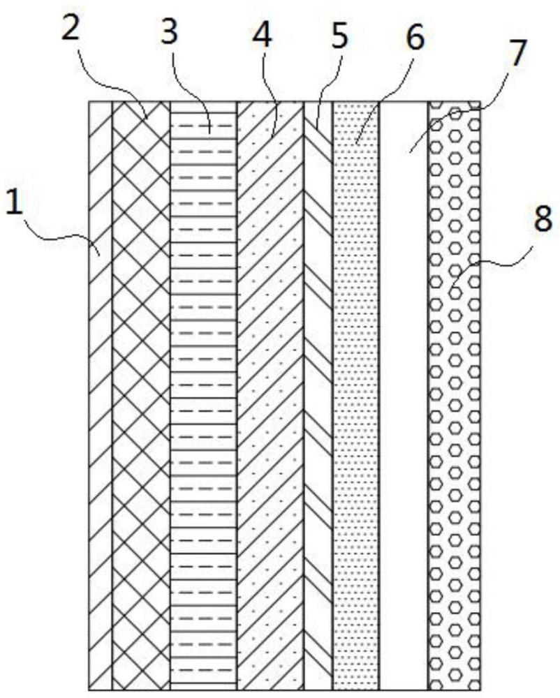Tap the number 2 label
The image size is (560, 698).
pyautogui.click(x=71, y=28)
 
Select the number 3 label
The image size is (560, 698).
pyautogui.click(x=170, y=31)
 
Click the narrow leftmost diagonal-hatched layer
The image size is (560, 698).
pyautogui.click(x=101, y=396)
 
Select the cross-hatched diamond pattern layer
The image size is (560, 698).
pyautogui.click(x=141, y=396)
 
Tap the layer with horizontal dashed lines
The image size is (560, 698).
pyautogui.click(x=204, y=396)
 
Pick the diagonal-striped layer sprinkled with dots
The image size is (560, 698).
pyautogui.click(x=271, y=396)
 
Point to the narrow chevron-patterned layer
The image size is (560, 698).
pyautogui.click(x=318, y=396)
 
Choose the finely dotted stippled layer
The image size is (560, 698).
pyautogui.click(x=356, y=396)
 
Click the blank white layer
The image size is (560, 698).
pyautogui.click(x=404, y=396)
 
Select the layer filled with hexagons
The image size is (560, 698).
pyautogui.click(x=455, y=396)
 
